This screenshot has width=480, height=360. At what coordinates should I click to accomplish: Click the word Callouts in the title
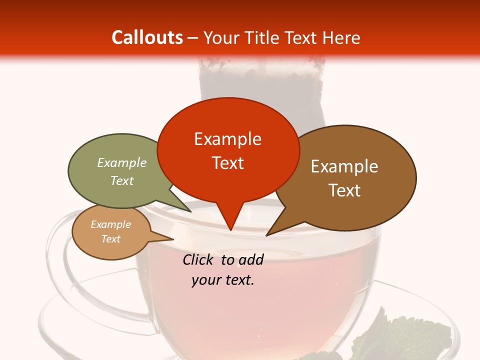point(147,37)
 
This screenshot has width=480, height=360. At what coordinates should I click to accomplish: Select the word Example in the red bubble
point(227,139)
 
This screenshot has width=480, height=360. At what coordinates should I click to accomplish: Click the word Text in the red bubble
point(227,163)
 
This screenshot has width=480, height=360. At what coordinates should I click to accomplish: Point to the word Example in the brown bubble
point(344,166)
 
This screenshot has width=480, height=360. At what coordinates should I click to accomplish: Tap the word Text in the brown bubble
point(344,190)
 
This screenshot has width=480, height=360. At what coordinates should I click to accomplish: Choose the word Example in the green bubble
point(122,162)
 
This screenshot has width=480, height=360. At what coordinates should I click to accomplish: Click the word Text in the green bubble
point(122,180)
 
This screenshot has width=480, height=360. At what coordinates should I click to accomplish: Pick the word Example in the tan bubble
point(111,224)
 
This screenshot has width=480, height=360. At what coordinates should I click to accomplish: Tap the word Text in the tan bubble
point(111,239)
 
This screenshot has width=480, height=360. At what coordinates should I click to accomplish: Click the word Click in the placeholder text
point(200,259)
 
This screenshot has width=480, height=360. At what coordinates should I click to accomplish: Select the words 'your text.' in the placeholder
point(223,280)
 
